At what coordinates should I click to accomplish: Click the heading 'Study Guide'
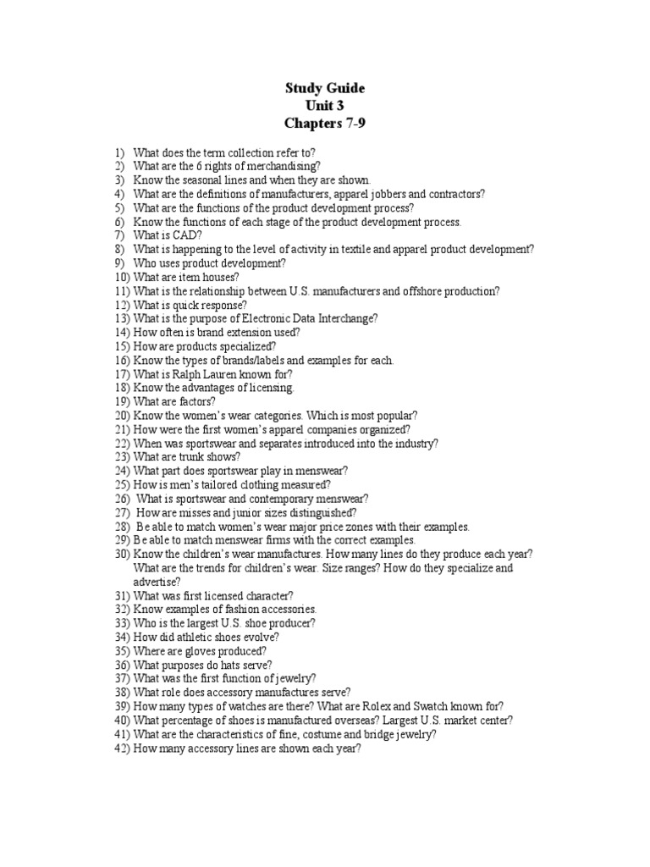click(x=326, y=89)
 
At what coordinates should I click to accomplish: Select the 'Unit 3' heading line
click(x=326, y=106)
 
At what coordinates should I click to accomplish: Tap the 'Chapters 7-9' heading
click(x=326, y=124)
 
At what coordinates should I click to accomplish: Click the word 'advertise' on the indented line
click(x=154, y=582)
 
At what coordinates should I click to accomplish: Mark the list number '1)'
click(x=119, y=152)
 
